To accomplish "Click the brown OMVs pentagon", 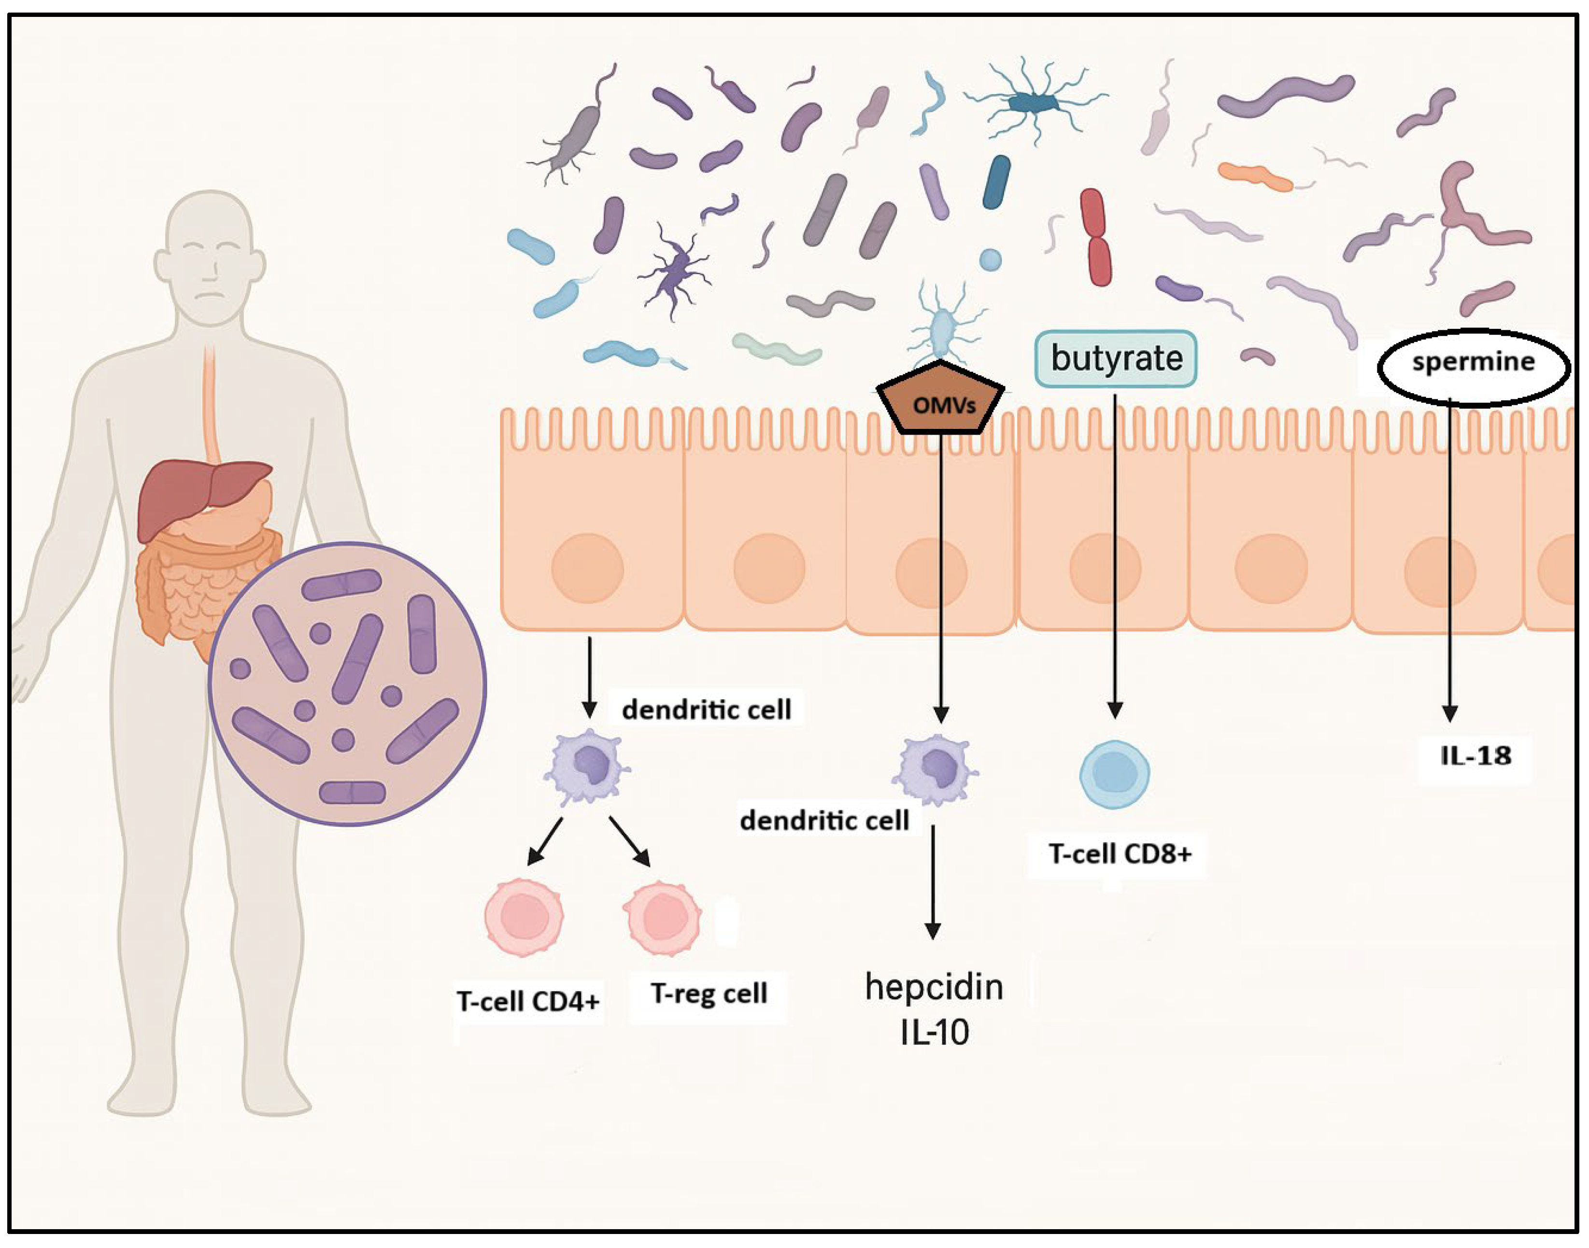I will pos(940,404).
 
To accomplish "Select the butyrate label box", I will pos(1116,358).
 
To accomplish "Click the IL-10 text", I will pos(934,1032).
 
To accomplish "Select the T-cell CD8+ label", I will pos(1119,853).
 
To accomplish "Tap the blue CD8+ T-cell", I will pos(1114,775).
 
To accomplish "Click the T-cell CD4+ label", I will pos(527,1000).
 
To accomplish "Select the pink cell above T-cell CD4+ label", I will pos(524,917).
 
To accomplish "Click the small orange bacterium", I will pos(1254,175).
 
